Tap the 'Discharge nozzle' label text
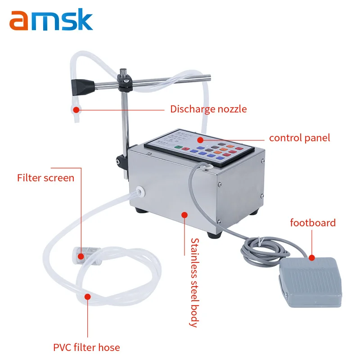208,109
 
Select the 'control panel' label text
299,138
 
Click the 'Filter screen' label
45,178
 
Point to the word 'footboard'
312,222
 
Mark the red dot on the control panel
201,139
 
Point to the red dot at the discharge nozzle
76,109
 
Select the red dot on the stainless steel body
184,215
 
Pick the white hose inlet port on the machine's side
140,191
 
